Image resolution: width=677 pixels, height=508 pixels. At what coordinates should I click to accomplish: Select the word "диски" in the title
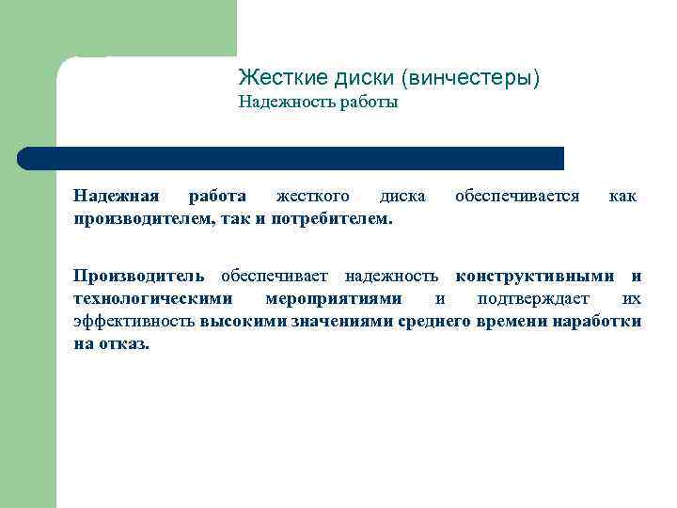click(x=351, y=77)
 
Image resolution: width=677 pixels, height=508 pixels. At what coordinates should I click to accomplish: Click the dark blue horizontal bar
click(x=291, y=158)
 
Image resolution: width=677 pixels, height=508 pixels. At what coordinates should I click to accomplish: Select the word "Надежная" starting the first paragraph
click(x=117, y=196)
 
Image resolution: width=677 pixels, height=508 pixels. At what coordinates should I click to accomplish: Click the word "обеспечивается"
click(x=516, y=196)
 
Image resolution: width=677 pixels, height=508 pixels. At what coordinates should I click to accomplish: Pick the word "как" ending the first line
click(x=622, y=196)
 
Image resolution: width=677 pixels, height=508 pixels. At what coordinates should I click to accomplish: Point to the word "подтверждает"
click(x=533, y=298)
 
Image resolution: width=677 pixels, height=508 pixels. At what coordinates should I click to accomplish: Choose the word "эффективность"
click(x=134, y=321)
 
